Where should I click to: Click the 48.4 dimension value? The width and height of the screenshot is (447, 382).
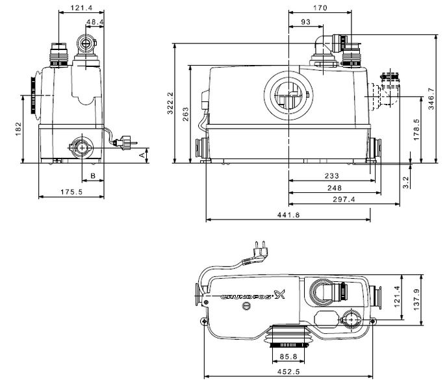[x=95, y=22]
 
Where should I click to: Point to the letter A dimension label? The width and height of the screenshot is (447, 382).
[x=142, y=155]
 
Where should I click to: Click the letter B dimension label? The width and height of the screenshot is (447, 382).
[x=93, y=175]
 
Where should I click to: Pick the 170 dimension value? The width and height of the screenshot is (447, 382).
[x=318, y=8]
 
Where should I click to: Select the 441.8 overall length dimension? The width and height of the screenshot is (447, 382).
[x=287, y=215]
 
